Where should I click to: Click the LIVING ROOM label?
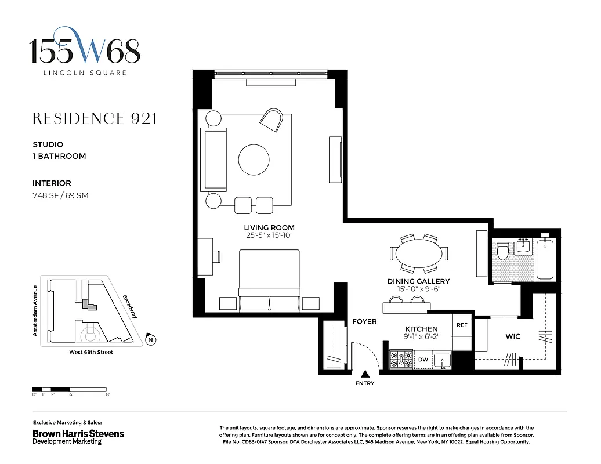pyautogui.click(x=269, y=227)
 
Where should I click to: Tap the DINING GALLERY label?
pyautogui.click(x=418, y=281)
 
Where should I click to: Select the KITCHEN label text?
pyautogui.click(x=421, y=329)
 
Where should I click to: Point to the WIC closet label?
pyautogui.click(x=513, y=336)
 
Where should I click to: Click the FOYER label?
pyautogui.click(x=364, y=321)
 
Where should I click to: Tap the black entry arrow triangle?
pyautogui.click(x=365, y=374)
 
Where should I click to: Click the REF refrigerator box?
pyautogui.click(x=462, y=325)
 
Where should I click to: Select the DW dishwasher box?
pyautogui.click(x=423, y=360)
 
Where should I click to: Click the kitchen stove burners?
pyautogui.click(x=400, y=360)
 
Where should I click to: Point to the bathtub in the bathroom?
pyautogui.click(x=545, y=259)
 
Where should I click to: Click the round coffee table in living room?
pyautogui.click(x=254, y=158)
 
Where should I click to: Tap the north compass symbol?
pyautogui.click(x=150, y=340)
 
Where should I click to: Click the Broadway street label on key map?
pyautogui.click(x=130, y=306)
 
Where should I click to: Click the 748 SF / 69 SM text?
pyautogui.click(x=60, y=195)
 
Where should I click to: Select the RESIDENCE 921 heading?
pyautogui.click(x=95, y=119)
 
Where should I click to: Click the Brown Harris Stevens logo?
pyautogui.click(x=78, y=437)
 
